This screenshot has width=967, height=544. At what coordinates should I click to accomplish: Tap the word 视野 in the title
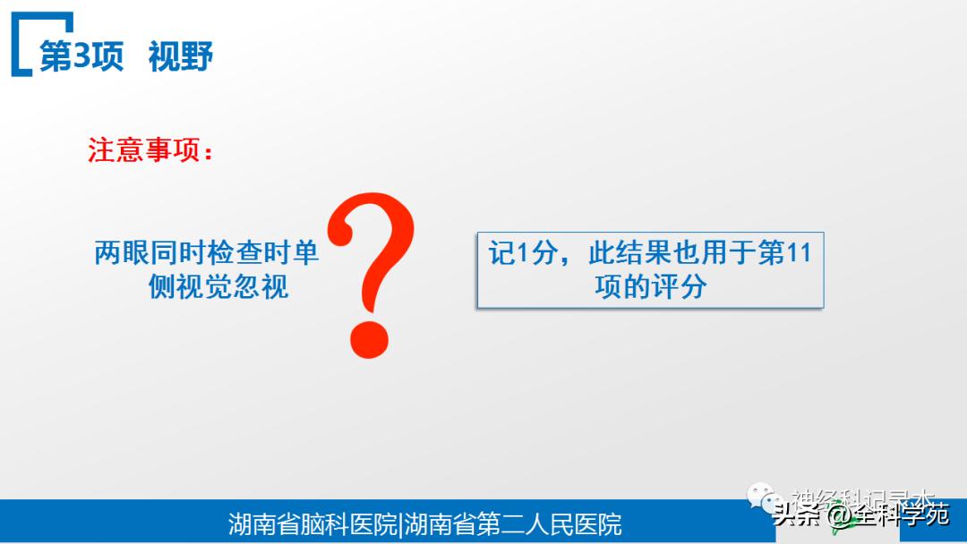tap(181, 55)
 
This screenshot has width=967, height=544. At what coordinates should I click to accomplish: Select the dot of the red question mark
tap(369, 336)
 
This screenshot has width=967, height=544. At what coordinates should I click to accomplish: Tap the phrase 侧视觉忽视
tap(218, 287)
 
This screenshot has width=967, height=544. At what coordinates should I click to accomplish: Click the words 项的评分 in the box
tap(650, 286)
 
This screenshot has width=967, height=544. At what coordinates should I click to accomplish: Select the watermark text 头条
tap(798, 515)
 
